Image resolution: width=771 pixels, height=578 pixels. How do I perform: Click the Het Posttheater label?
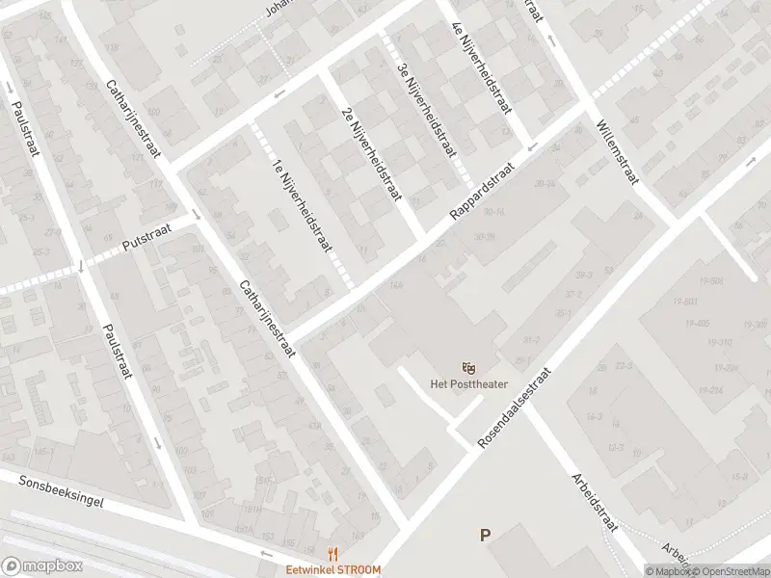468,385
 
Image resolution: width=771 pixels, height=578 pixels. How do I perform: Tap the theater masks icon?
469,367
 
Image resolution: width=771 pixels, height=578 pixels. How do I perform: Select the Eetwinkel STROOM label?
332,569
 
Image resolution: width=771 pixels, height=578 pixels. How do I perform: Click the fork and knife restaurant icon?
333,553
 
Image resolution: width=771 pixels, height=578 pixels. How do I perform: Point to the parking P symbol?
486,536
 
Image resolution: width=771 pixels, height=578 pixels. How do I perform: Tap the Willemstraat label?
617,153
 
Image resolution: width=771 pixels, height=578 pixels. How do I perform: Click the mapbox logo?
40,566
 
